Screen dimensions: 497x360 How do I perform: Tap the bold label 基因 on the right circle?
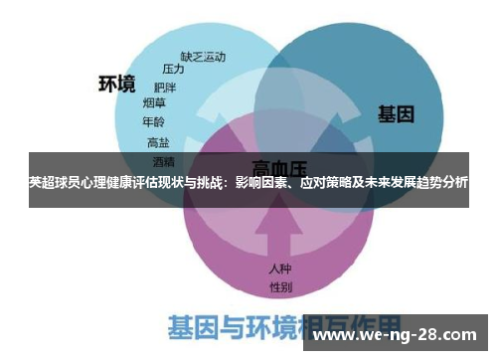395,114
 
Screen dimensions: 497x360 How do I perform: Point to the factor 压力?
173,69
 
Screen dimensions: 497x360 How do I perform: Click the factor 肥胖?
165,86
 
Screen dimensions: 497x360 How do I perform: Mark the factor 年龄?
153,122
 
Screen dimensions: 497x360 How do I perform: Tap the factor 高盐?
158,142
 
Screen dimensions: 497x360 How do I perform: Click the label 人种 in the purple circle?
280,269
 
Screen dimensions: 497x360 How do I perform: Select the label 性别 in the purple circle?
280,286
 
